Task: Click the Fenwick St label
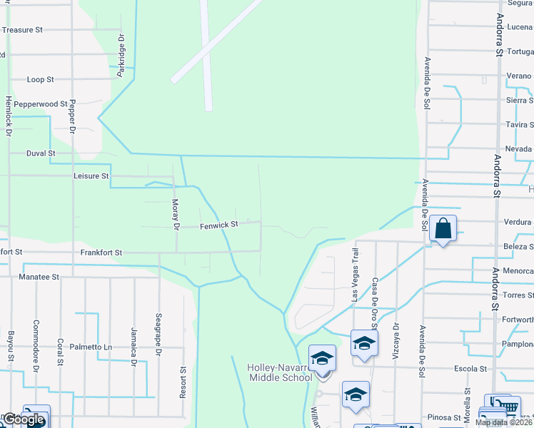pyautogui.click(x=218, y=225)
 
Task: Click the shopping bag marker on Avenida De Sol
pyautogui.click(x=443, y=230)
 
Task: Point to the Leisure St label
pyautogui.click(x=91, y=175)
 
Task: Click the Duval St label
pyautogui.click(x=41, y=153)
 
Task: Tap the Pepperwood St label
pyautogui.click(x=40, y=104)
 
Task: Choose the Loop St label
pyautogui.click(x=40, y=80)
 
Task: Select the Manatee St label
pyautogui.click(x=39, y=276)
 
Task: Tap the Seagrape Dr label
pyautogui.click(x=158, y=328)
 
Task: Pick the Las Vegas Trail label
pyautogui.click(x=354, y=275)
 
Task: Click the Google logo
pyautogui.click(x=23, y=420)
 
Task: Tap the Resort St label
pyautogui.click(x=183, y=382)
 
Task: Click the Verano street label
pyautogui.click(x=518, y=76)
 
